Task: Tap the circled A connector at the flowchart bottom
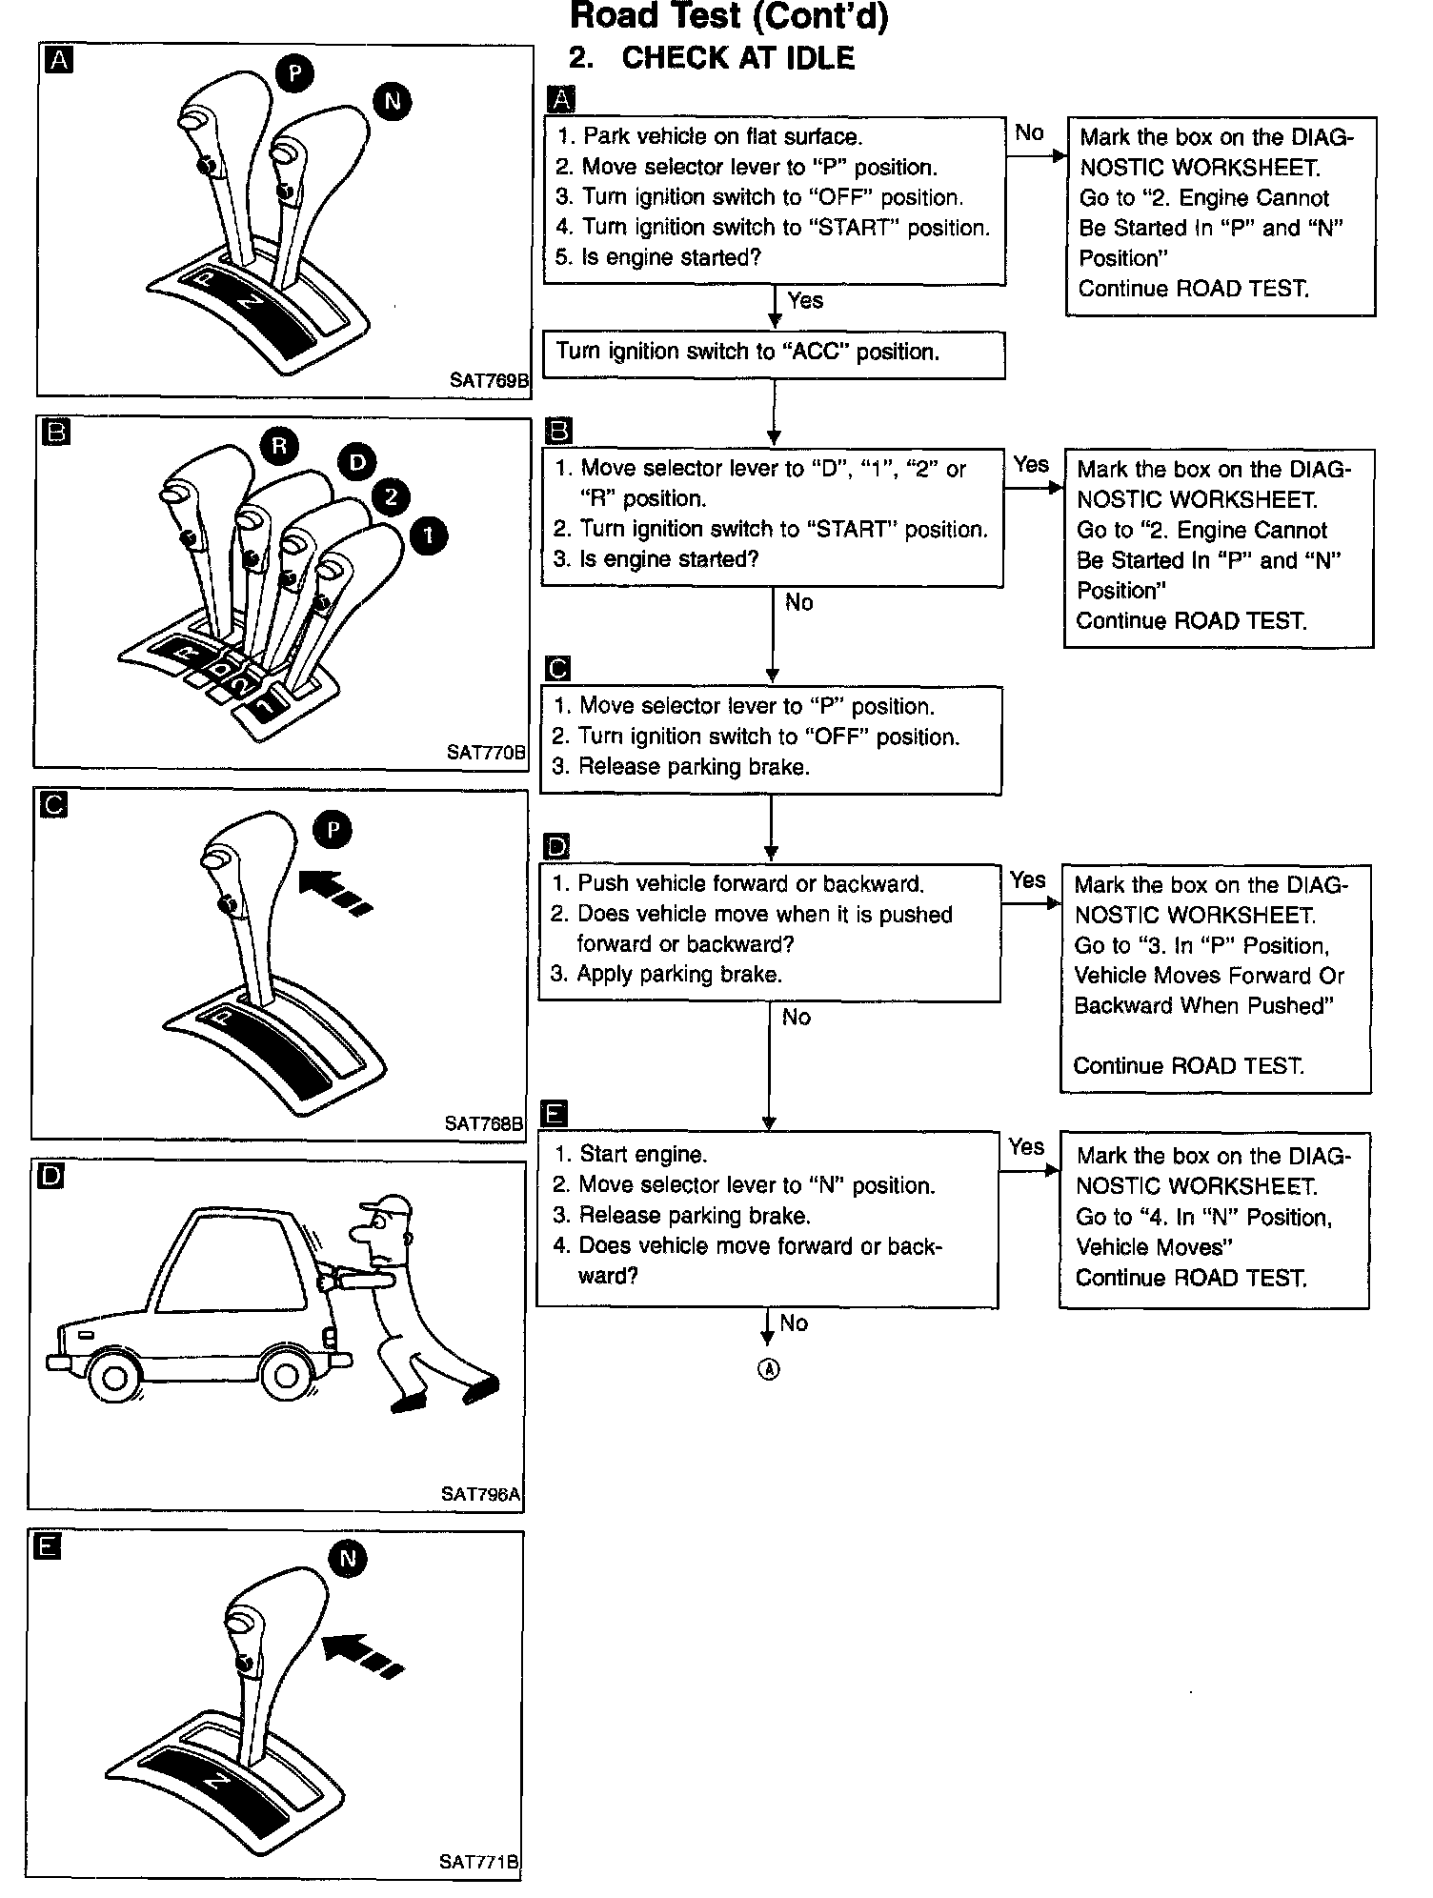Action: (768, 1369)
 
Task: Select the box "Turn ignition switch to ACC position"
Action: (774, 353)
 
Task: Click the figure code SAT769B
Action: (489, 380)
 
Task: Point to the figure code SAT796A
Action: (480, 1494)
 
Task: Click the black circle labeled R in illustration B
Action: (278, 446)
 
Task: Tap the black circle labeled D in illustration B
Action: (356, 463)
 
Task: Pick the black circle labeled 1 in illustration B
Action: (428, 535)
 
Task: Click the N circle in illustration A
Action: (393, 101)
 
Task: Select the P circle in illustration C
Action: (333, 830)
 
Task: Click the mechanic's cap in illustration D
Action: (388, 1205)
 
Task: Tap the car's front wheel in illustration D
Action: (113, 1377)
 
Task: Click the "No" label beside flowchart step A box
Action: (1029, 133)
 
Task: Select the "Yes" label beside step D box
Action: (1028, 879)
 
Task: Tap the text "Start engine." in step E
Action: (643, 1155)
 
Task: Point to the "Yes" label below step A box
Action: (805, 301)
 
